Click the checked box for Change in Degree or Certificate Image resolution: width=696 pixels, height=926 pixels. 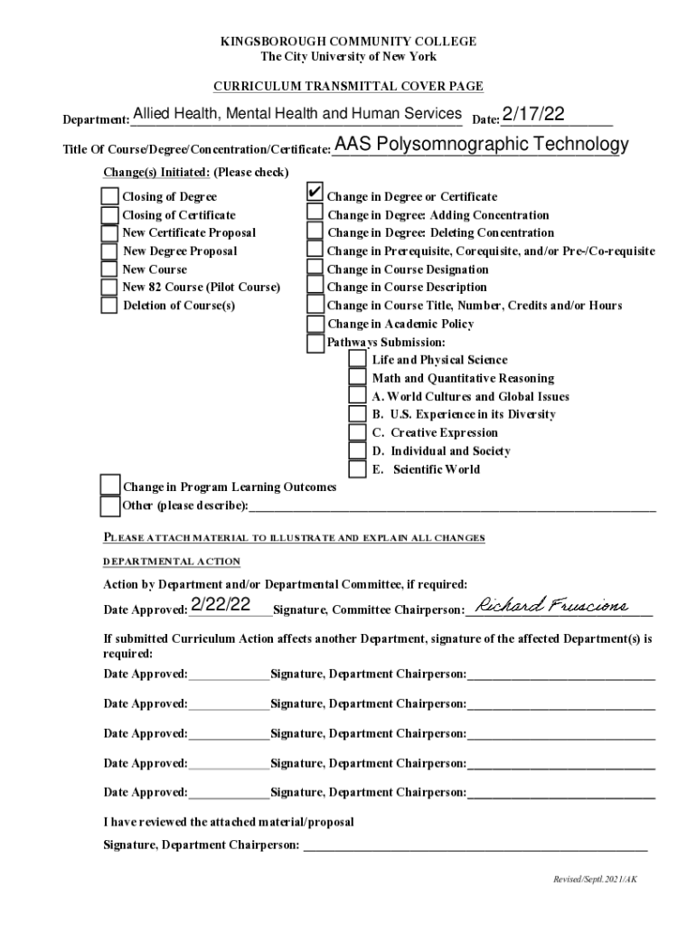tap(314, 194)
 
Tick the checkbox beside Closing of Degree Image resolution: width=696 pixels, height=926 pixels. tap(109, 197)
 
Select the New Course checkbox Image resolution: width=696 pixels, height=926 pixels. tap(109, 269)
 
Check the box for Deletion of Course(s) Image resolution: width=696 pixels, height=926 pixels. tap(109, 306)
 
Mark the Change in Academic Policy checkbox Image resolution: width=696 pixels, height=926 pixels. tap(314, 324)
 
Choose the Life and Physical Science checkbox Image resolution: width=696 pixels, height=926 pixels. tap(358, 360)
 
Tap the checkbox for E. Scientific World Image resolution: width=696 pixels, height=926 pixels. tap(358, 469)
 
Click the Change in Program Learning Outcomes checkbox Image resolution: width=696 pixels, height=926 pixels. tap(109, 487)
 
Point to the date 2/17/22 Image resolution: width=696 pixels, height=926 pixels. tap(533, 114)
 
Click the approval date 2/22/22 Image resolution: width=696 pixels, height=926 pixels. tap(221, 605)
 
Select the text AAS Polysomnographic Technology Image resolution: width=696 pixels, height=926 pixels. tap(481, 145)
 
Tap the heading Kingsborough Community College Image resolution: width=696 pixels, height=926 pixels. tap(348, 42)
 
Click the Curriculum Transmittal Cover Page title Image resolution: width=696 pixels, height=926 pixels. tap(348, 87)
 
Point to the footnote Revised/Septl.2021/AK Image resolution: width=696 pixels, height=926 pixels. tap(597, 878)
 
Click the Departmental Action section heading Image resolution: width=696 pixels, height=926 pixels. tap(172, 562)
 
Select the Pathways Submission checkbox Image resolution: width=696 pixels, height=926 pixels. tap(314, 343)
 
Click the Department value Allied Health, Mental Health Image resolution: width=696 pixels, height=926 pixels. tap(296, 114)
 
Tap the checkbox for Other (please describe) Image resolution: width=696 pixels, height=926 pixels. tap(109, 506)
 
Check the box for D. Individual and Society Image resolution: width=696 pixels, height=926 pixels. tap(358, 451)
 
